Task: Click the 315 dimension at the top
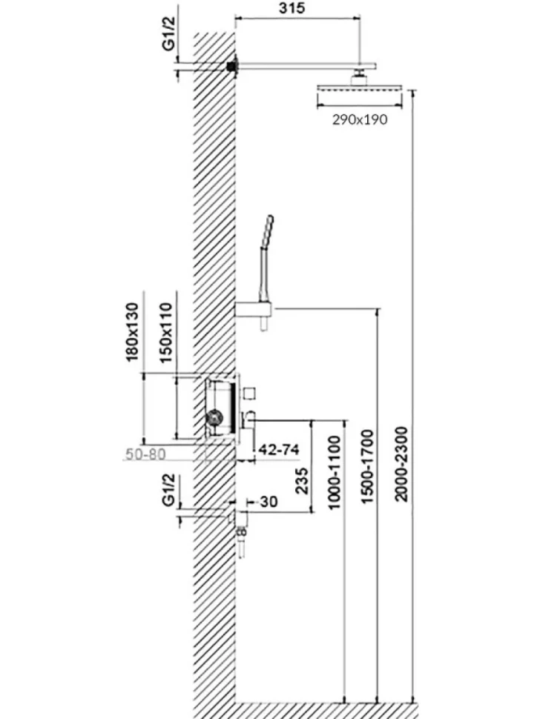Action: tap(292, 8)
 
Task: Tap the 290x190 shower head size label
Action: tap(360, 119)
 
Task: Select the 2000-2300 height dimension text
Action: tap(401, 463)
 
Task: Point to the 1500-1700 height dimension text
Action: tap(367, 466)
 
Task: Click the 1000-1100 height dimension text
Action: tap(335, 472)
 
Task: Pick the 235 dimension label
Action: tap(301, 480)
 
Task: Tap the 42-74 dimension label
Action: tap(278, 449)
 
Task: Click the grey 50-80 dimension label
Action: tap(145, 454)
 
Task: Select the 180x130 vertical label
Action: tap(132, 331)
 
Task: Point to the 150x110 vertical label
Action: tap(166, 333)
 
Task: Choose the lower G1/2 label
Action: tap(169, 491)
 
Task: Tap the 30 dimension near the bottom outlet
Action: tap(269, 502)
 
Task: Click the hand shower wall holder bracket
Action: tap(254, 310)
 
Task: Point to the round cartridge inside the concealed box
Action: tap(214, 417)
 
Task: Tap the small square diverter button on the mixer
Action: tap(251, 393)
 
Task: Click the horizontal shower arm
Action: tap(306, 67)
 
